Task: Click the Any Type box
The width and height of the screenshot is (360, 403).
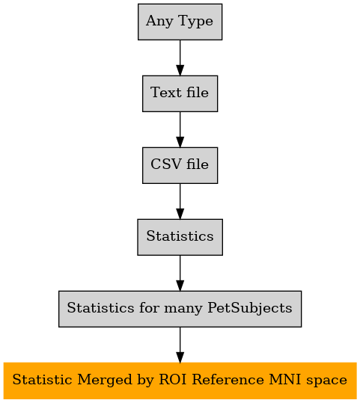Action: tap(180, 22)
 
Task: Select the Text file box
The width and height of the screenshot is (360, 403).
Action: tap(180, 93)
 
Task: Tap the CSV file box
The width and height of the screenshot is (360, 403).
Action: tap(180, 165)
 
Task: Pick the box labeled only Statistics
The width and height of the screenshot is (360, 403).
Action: tap(180, 237)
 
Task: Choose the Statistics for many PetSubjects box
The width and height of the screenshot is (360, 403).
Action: tap(180, 309)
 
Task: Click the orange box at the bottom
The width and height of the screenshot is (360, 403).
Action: tap(180, 381)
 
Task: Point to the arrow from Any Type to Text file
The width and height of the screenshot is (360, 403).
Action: tap(180, 58)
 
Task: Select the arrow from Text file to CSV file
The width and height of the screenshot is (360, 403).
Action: tap(180, 129)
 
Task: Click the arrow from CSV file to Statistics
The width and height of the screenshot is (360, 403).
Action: tap(180, 201)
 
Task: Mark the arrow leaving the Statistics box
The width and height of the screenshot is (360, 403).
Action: tap(180, 273)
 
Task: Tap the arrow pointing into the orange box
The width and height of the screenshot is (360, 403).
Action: tap(180, 345)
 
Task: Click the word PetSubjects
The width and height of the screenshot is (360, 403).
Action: tap(250, 308)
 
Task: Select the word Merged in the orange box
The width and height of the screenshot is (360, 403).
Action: tap(105, 381)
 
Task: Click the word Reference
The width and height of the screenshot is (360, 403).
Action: tap(228, 380)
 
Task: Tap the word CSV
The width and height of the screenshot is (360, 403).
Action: tap(166, 164)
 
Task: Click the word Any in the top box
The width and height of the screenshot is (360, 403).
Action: tap(159, 22)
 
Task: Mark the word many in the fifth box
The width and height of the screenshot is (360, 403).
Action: tap(183, 309)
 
